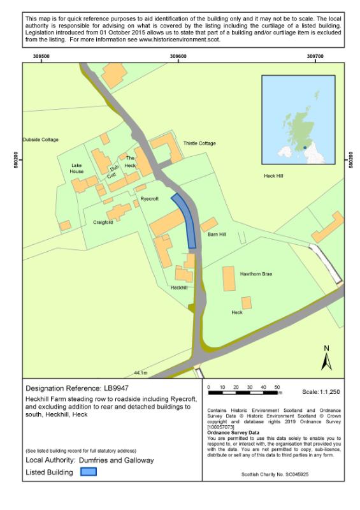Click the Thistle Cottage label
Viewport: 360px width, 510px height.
point(199,143)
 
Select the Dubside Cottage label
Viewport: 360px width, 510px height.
point(40,139)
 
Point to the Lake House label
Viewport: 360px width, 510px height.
point(76,168)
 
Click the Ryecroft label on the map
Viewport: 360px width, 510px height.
point(149,199)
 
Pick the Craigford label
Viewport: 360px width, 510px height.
point(103,222)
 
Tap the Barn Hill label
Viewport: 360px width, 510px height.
point(217,235)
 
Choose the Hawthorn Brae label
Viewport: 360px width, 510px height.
point(256,274)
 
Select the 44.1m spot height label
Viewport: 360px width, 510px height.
point(141,372)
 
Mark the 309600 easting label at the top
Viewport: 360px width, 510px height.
point(178,57)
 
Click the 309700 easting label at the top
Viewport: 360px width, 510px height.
point(315,57)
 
